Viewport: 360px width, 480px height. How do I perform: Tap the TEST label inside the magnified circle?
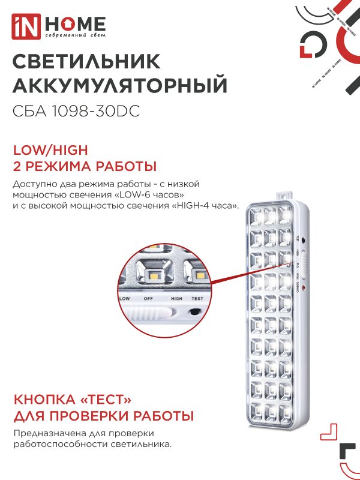tap(197, 298)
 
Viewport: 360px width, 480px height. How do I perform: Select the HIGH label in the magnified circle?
tap(176, 298)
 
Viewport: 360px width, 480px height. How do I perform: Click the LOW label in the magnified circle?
tap(125, 298)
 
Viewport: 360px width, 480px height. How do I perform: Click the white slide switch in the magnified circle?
tap(150, 313)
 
